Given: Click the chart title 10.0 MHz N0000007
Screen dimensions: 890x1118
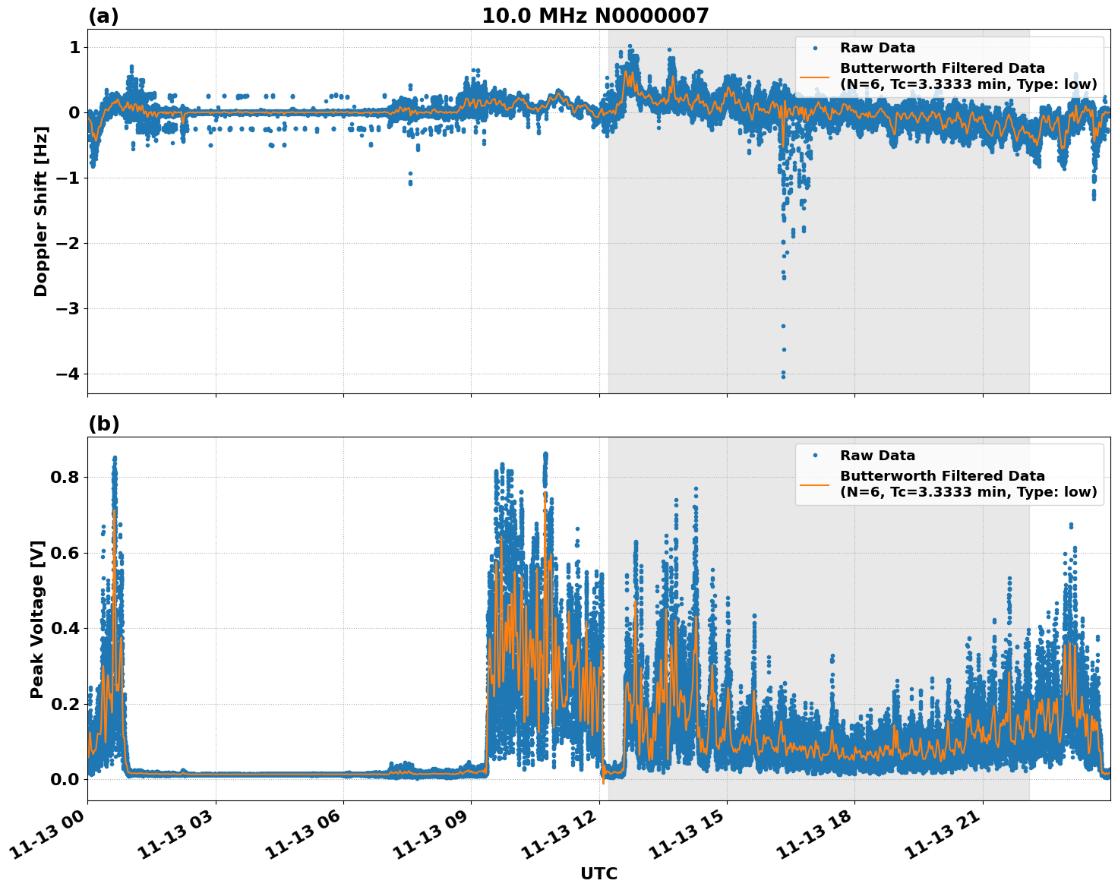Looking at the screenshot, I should click(x=595, y=16).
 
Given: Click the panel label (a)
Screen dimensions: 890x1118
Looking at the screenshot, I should click(x=103, y=16).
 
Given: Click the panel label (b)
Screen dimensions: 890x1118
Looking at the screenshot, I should click(x=103, y=424).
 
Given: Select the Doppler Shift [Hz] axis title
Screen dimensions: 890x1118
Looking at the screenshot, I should click(x=41, y=211).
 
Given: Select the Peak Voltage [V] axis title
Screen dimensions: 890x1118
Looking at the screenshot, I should click(x=37, y=619).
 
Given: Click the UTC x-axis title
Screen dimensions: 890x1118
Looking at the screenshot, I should click(x=598, y=874).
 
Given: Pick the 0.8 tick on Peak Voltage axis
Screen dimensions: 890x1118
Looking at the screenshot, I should click(x=65, y=478).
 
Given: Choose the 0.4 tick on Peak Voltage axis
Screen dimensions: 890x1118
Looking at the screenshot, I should click(x=65, y=629).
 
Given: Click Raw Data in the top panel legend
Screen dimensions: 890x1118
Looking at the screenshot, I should click(x=877, y=48).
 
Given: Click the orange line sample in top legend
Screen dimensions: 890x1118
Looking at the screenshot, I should click(x=816, y=76).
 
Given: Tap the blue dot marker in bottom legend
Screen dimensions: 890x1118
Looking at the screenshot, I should click(x=816, y=456).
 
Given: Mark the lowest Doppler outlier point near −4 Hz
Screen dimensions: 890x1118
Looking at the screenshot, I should click(x=783, y=376).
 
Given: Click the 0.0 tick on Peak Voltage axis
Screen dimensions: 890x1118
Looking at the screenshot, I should click(x=65, y=779).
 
